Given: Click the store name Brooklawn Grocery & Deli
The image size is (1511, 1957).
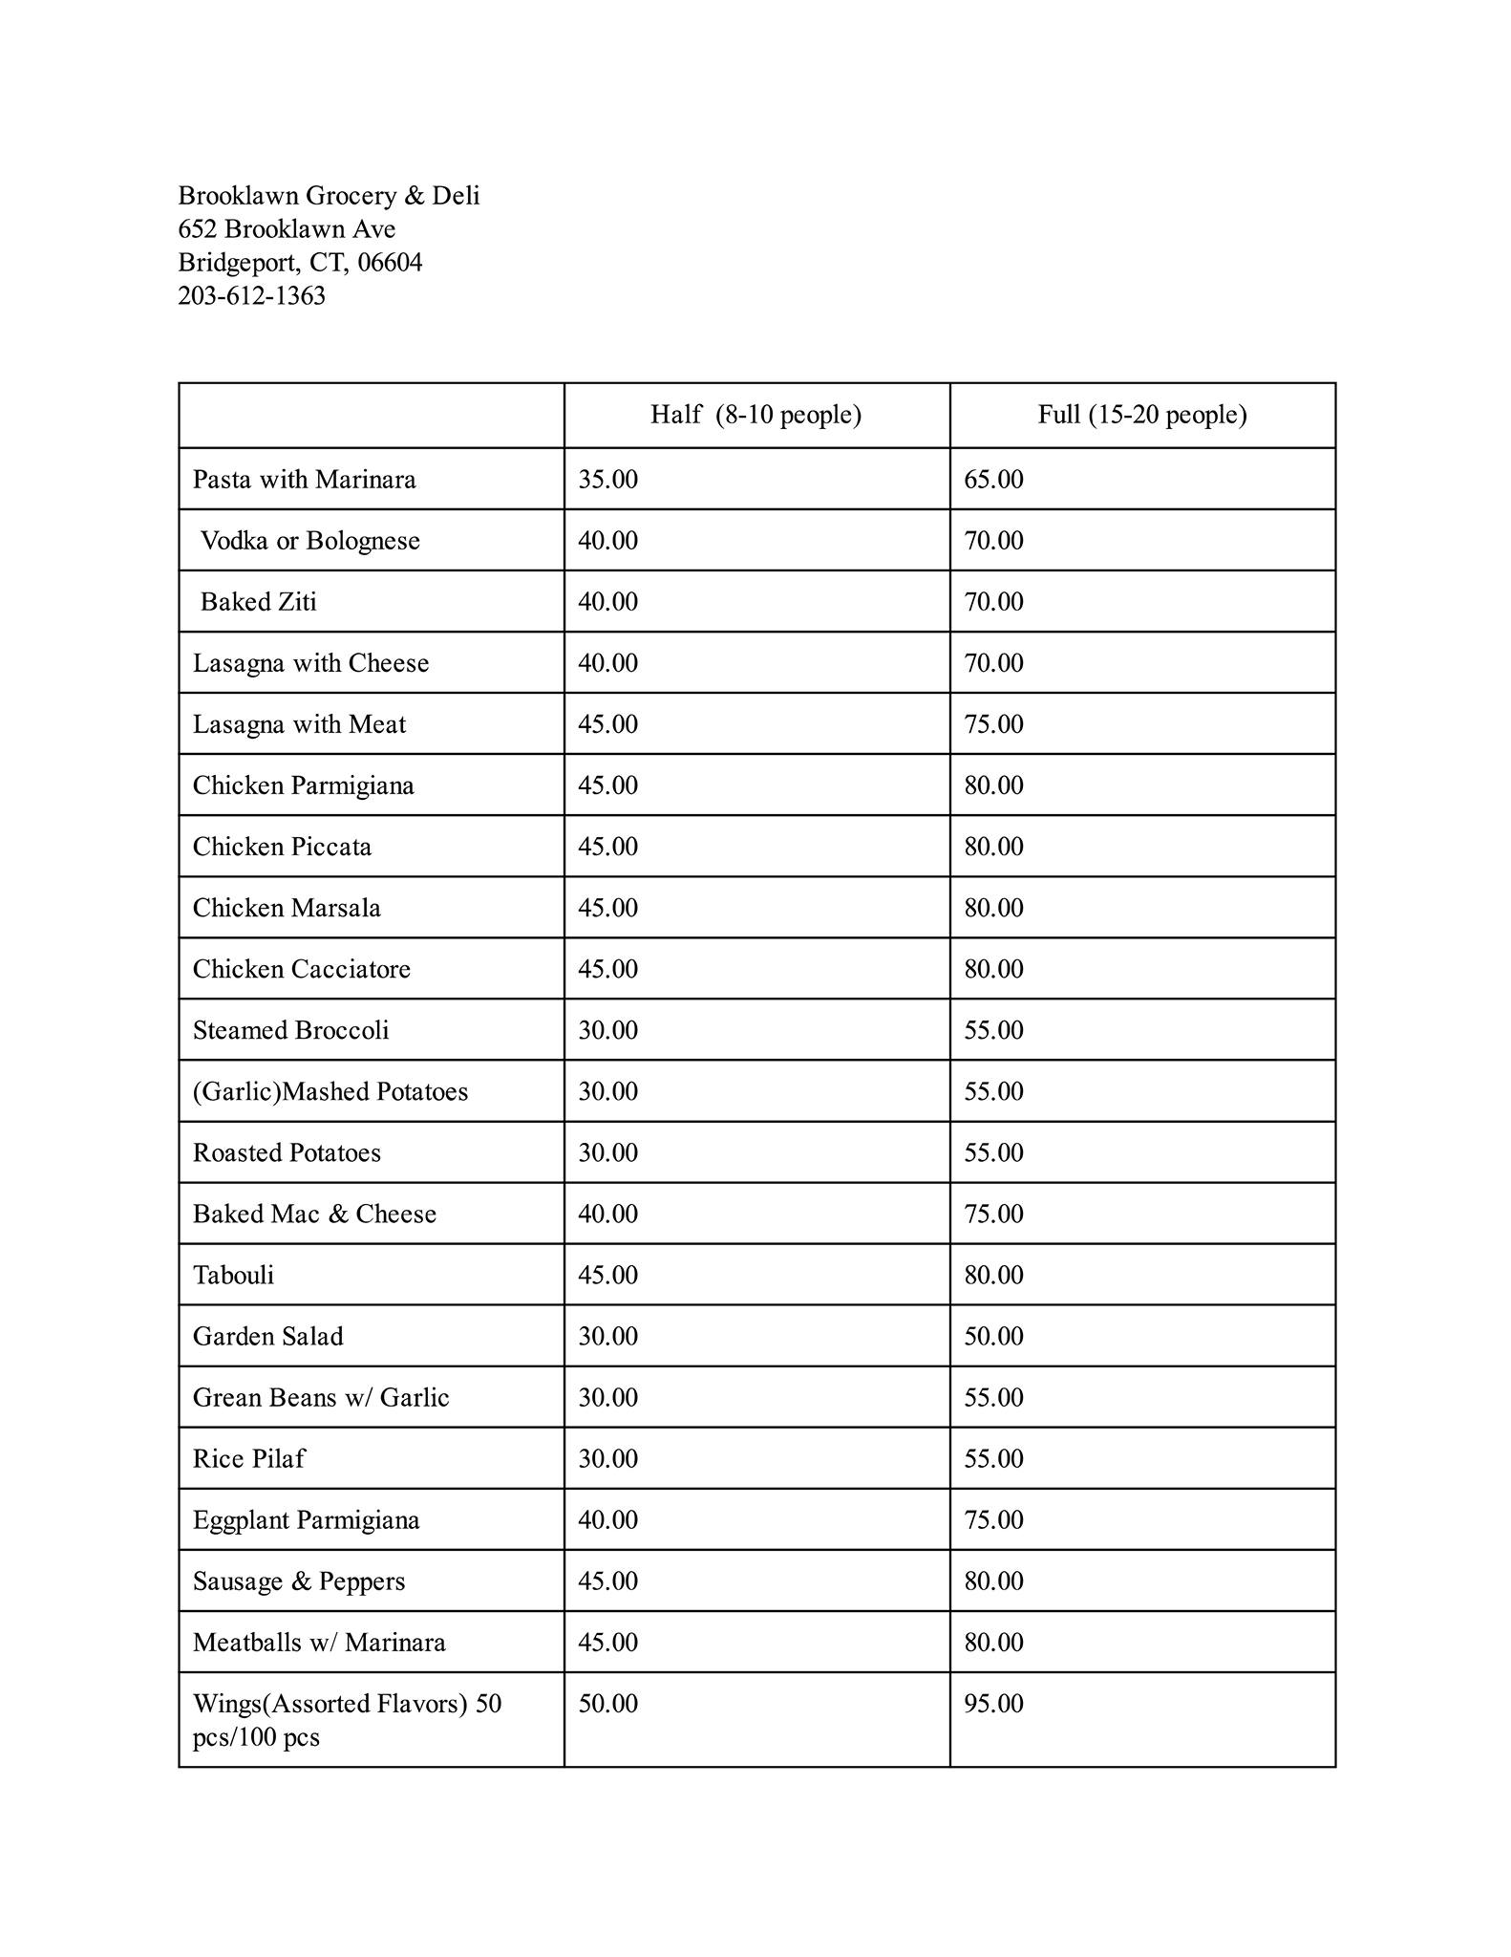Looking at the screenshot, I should [x=329, y=196].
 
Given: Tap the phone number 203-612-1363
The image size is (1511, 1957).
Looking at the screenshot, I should [x=251, y=296].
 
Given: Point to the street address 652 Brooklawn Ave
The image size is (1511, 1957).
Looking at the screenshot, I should [x=287, y=229].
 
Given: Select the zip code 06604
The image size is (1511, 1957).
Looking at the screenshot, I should [x=390, y=263].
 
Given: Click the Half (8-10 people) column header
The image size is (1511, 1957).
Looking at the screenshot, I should [x=755, y=415].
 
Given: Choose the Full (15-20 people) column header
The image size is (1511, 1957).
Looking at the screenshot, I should [x=1142, y=415].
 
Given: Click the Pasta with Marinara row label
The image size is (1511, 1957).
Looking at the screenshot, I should [x=304, y=480].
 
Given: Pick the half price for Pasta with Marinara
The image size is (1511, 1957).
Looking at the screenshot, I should [x=607, y=480].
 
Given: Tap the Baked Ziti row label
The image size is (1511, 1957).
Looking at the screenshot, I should [x=258, y=602].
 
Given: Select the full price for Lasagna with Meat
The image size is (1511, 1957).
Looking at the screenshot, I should [x=993, y=724].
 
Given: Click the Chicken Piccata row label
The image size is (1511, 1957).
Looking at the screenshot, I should [x=282, y=847].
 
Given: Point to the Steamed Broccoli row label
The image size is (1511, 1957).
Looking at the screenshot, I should [x=290, y=1030].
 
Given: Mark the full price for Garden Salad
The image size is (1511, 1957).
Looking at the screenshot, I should [x=993, y=1336].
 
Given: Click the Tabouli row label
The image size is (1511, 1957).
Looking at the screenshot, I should [x=233, y=1275].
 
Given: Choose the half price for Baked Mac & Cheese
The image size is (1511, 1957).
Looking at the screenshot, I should [x=607, y=1214].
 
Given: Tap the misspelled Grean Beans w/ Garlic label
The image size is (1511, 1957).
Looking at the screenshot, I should [x=320, y=1397].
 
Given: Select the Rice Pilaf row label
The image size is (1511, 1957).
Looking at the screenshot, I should [x=248, y=1458].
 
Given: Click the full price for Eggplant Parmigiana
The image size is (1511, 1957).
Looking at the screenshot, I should [x=993, y=1519].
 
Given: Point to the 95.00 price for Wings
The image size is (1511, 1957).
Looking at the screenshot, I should [x=993, y=1703].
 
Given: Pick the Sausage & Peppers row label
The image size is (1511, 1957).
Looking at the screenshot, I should [x=298, y=1581].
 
